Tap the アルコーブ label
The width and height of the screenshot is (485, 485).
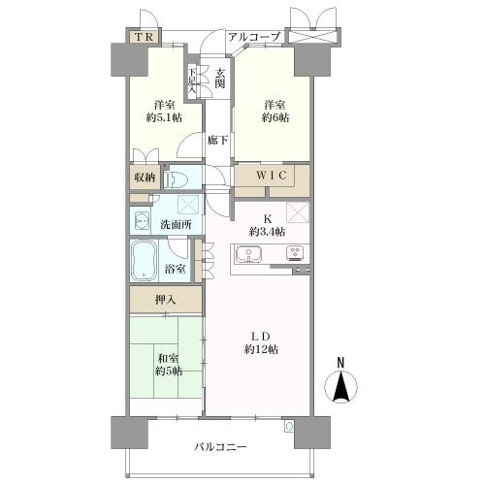coord(254,37)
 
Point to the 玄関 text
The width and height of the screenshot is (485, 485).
coord(221,78)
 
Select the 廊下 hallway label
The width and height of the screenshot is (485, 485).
coord(218,141)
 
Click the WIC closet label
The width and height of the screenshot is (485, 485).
coord(274,176)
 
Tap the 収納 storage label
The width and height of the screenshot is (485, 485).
coord(143,178)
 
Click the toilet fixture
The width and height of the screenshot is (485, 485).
coord(178,179)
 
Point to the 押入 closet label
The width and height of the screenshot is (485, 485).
coord(166,300)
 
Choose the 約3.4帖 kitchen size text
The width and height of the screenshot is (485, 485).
coord(266,232)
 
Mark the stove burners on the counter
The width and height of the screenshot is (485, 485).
coord(293,254)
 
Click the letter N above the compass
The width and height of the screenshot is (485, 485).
coord(340,364)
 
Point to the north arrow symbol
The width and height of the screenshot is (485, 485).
coord(340,388)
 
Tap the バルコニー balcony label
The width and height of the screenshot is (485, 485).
coord(220,448)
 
